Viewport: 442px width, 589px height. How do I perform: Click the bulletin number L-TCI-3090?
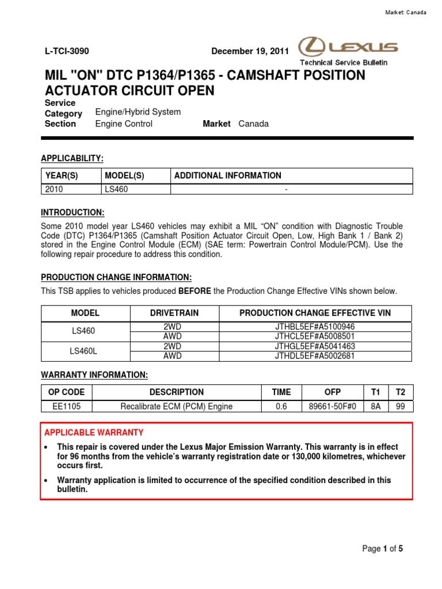click(67, 51)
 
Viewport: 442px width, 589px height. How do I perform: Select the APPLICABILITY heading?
click(72, 158)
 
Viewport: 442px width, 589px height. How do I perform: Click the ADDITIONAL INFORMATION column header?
click(228, 175)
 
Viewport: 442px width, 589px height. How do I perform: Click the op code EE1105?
click(66, 407)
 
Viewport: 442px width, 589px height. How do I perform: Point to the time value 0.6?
click(281, 407)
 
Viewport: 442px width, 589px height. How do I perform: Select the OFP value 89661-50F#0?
click(333, 407)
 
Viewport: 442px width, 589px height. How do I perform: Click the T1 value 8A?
click(376, 407)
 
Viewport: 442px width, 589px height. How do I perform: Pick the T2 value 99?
click(401, 407)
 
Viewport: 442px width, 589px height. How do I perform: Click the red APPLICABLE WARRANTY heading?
click(94, 432)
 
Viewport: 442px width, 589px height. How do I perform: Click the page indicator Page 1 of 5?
click(383, 549)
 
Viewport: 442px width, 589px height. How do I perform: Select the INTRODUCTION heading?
click(73, 212)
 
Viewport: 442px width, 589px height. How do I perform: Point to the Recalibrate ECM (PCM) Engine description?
click(176, 407)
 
